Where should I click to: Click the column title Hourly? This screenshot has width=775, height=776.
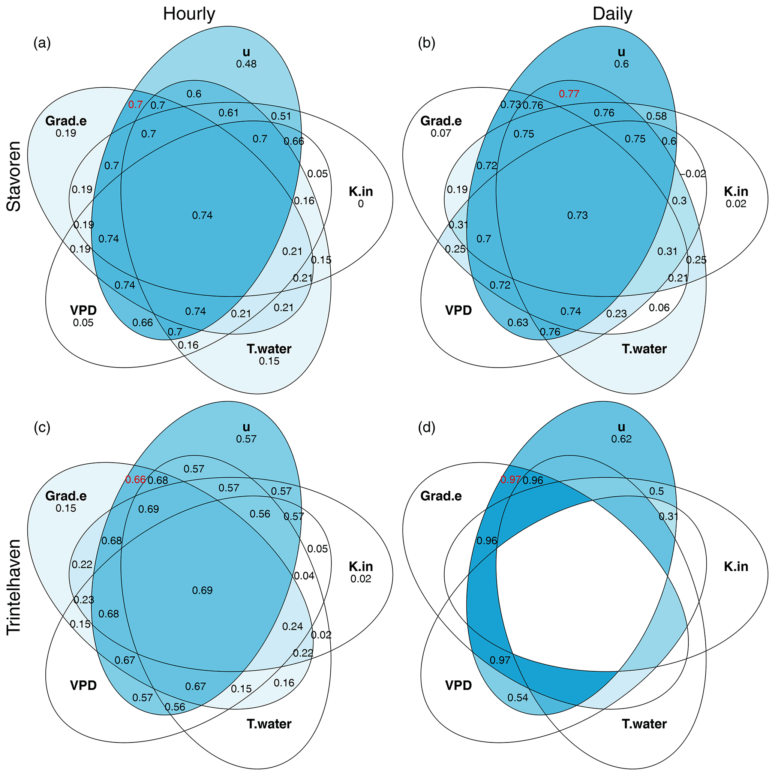tap(189, 14)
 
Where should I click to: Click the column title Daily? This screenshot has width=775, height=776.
tap(612, 14)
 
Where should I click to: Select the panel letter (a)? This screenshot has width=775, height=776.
tap(42, 43)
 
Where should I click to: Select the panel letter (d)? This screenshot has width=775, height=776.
tap(427, 428)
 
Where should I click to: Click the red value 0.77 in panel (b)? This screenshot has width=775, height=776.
tap(569, 94)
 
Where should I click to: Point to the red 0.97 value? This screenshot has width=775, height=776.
tap(510, 479)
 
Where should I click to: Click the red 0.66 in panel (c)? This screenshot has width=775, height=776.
tap(135, 479)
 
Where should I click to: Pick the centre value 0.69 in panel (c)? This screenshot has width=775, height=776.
tap(202, 590)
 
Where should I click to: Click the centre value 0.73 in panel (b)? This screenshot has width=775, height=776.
tap(577, 216)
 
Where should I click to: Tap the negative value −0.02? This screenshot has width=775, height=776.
tap(692, 174)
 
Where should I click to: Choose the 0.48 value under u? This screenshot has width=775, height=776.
tap(246, 64)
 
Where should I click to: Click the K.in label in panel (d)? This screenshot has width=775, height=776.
tap(736, 567)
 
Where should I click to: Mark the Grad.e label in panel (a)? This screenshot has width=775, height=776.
tap(66, 121)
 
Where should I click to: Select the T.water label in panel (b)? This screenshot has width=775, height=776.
tap(644, 349)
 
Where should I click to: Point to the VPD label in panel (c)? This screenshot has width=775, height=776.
tap(83, 685)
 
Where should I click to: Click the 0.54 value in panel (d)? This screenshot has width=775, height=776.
tap(518, 698)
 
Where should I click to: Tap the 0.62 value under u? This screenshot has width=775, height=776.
tap(621, 439)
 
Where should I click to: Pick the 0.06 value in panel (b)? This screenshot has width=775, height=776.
tap(659, 308)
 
